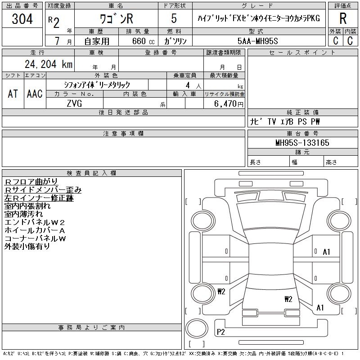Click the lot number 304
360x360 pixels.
tap(22, 19)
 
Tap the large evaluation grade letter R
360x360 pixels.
tap(342, 19)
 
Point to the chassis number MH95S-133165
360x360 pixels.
tap(302, 143)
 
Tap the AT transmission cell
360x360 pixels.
tap(13, 94)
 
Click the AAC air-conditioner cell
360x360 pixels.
tap(34, 94)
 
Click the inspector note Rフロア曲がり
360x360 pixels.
tap(31, 182)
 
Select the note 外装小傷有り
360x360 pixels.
tap(27, 247)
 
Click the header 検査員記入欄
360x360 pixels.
tap(91, 173)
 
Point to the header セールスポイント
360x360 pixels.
tap(302, 53)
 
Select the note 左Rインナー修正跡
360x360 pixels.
tap(39, 198)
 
